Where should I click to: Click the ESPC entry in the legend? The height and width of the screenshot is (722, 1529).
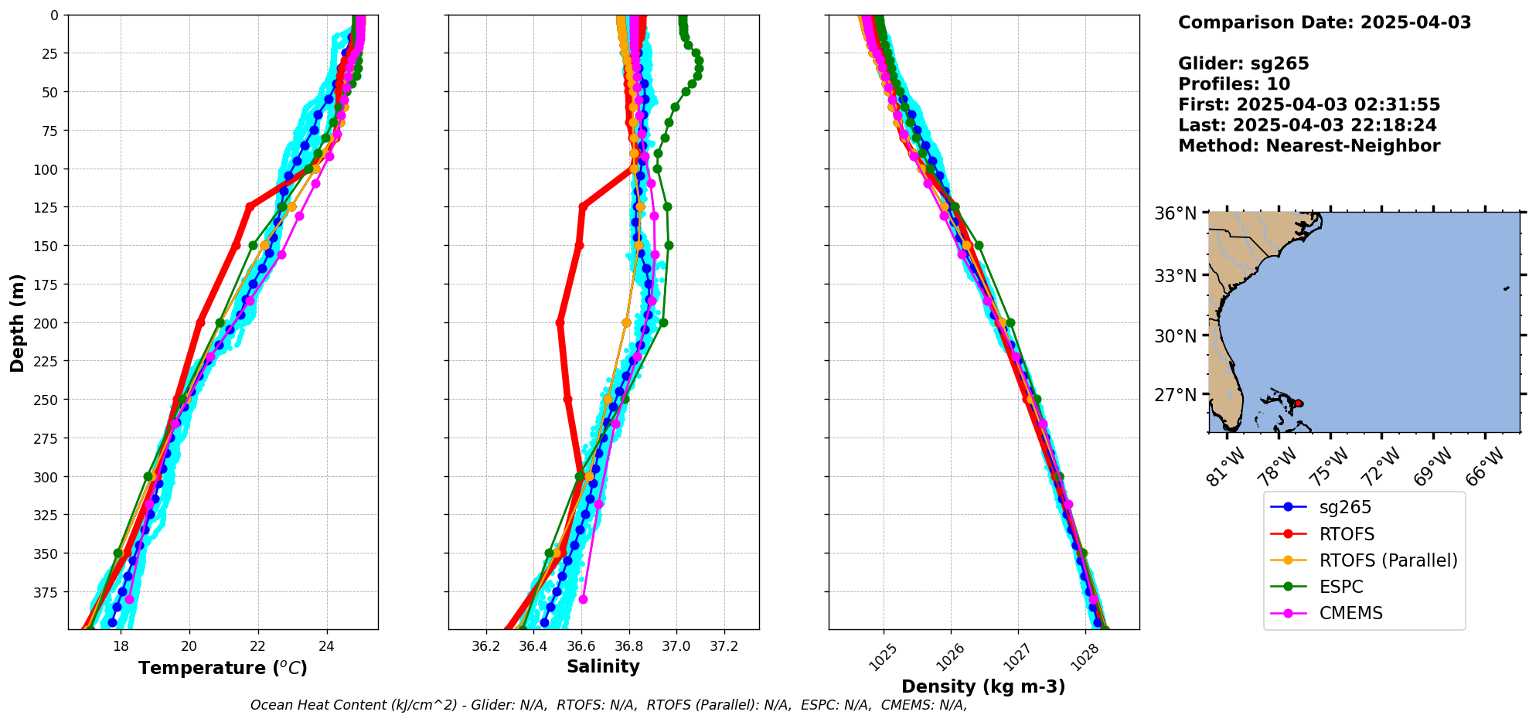pyautogui.click(x=1340, y=587)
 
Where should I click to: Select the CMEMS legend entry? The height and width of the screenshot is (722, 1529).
pyautogui.click(x=1350, y=613)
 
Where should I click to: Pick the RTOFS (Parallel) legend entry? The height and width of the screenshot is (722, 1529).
pyautogui.click(x=1388, y=560)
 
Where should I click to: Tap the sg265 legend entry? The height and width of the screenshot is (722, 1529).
pyautogui.click(x=1345, y=507)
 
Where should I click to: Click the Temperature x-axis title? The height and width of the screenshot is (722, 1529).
pyautogui.click(x=223, y=668)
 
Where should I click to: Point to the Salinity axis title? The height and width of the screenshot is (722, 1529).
pyautogui.click(x=603, y=666)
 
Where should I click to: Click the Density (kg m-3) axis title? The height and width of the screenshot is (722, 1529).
pyautogui.click(x=983, y=686)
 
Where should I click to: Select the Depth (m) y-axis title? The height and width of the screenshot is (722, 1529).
pyautogui.click(x=17, y=322)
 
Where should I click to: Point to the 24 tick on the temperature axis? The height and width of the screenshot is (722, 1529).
pyautogui.click(x=326, y=646)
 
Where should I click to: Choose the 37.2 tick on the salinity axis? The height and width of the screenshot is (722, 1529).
pyautogui.click(x=724, y=646)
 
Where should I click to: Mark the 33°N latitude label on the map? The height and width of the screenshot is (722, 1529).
pyautogui.click(x=1175, y=276)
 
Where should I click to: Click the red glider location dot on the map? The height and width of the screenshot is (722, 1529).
pyautogui.click(x=1299, y=404)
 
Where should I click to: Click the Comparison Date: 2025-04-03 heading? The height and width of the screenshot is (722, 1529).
pyautogui.click(x=1324, y=22)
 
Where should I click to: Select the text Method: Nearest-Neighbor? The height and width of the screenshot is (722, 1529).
pyautogui.click(x=1309, y=146)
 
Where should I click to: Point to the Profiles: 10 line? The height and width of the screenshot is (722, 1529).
pyautogui.click(x=1234, y=84)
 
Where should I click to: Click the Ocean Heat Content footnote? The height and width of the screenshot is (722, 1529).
pyautogui.click(x=608, y=705)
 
